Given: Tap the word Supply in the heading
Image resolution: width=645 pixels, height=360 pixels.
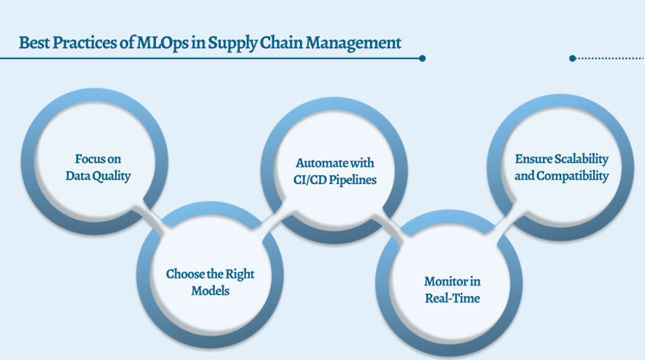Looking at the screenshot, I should pyautogui.click(x=236, y=43).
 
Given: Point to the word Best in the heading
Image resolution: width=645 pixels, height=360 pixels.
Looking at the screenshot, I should pyautogui.click(x=33, y=43).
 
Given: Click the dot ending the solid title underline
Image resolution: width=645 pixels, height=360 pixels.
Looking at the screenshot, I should pyautogui.click(x=422, y=59).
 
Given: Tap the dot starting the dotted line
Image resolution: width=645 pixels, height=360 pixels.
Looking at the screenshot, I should pyautogui.click(x=572, y=59).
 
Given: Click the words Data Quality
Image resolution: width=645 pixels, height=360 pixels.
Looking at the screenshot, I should pyautogui.click(x=98, y=176).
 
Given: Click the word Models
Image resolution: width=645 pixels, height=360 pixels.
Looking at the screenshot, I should pyautogui.click(x=210, y=291).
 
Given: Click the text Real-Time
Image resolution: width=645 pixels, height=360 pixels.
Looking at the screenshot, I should pyautogui.click(x=452, y=298).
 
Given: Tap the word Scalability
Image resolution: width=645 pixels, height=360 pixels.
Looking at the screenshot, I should pyautogui.click(x=581, y=159).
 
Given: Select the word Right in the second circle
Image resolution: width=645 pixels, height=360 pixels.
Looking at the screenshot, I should pyautogui.click(x=238, y=274).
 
